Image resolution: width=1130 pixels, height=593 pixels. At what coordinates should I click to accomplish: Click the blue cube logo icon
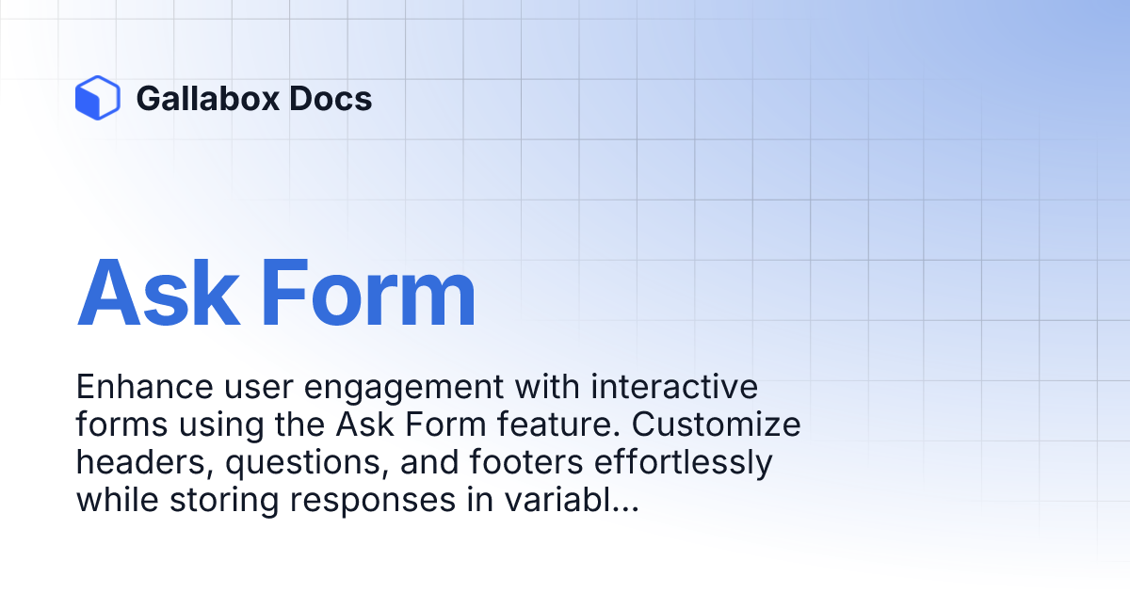pyautogui.click(x=97, y=98)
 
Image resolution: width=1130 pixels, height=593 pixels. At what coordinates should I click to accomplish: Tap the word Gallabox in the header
pyautogui.click(x=208, y=98)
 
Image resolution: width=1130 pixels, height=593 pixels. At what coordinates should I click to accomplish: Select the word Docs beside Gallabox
pyautogui.click(x=331, y=98)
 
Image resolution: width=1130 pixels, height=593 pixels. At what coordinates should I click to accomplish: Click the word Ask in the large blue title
pyautogui.click(x=158, y=293)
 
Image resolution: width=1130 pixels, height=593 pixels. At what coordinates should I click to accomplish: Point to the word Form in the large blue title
pyautogui.click(x=368, y=293)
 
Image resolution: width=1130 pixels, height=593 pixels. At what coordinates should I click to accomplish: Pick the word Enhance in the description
pyautogui.click(x=144, y=387)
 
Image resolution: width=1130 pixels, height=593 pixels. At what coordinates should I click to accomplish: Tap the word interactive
pyautogui.click(x=674, y=387)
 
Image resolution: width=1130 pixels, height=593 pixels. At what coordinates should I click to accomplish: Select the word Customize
pyautogui.click(x=717, y=425)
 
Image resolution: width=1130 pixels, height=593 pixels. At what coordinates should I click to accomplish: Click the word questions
pyautogui.click(x=307, y=464)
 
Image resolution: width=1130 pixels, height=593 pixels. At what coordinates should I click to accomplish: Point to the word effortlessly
pyautogui.click(x=684, y=464)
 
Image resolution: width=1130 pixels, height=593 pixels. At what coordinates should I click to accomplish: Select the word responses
pyautogui.click(x=373, y=503)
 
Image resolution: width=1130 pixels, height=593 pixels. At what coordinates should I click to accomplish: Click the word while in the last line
pyautogui.click(x=118, y=500)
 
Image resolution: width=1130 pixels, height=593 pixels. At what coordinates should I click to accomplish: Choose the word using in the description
pyautogui.click(x=221, y=426)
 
